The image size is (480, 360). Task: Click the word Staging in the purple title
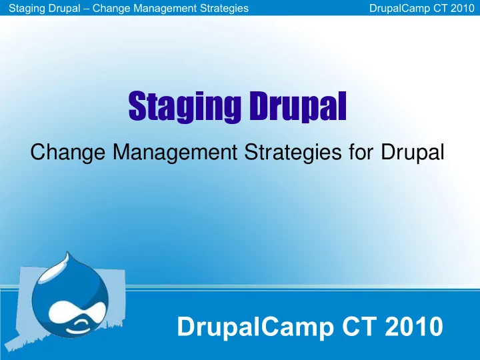(x=185, y=107)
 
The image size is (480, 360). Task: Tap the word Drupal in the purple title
(x=297, y=106)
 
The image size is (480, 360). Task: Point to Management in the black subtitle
(x=175, y=152)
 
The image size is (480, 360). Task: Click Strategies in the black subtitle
(x=293, y=152)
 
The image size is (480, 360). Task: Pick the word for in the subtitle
(x=361, y=151)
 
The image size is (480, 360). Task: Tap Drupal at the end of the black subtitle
(x=413, y=152)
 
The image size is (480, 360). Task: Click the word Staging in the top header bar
(x=27, y=8)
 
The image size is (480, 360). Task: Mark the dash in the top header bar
(x=86, y=9)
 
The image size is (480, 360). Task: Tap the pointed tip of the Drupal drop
(x=67, y=252)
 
